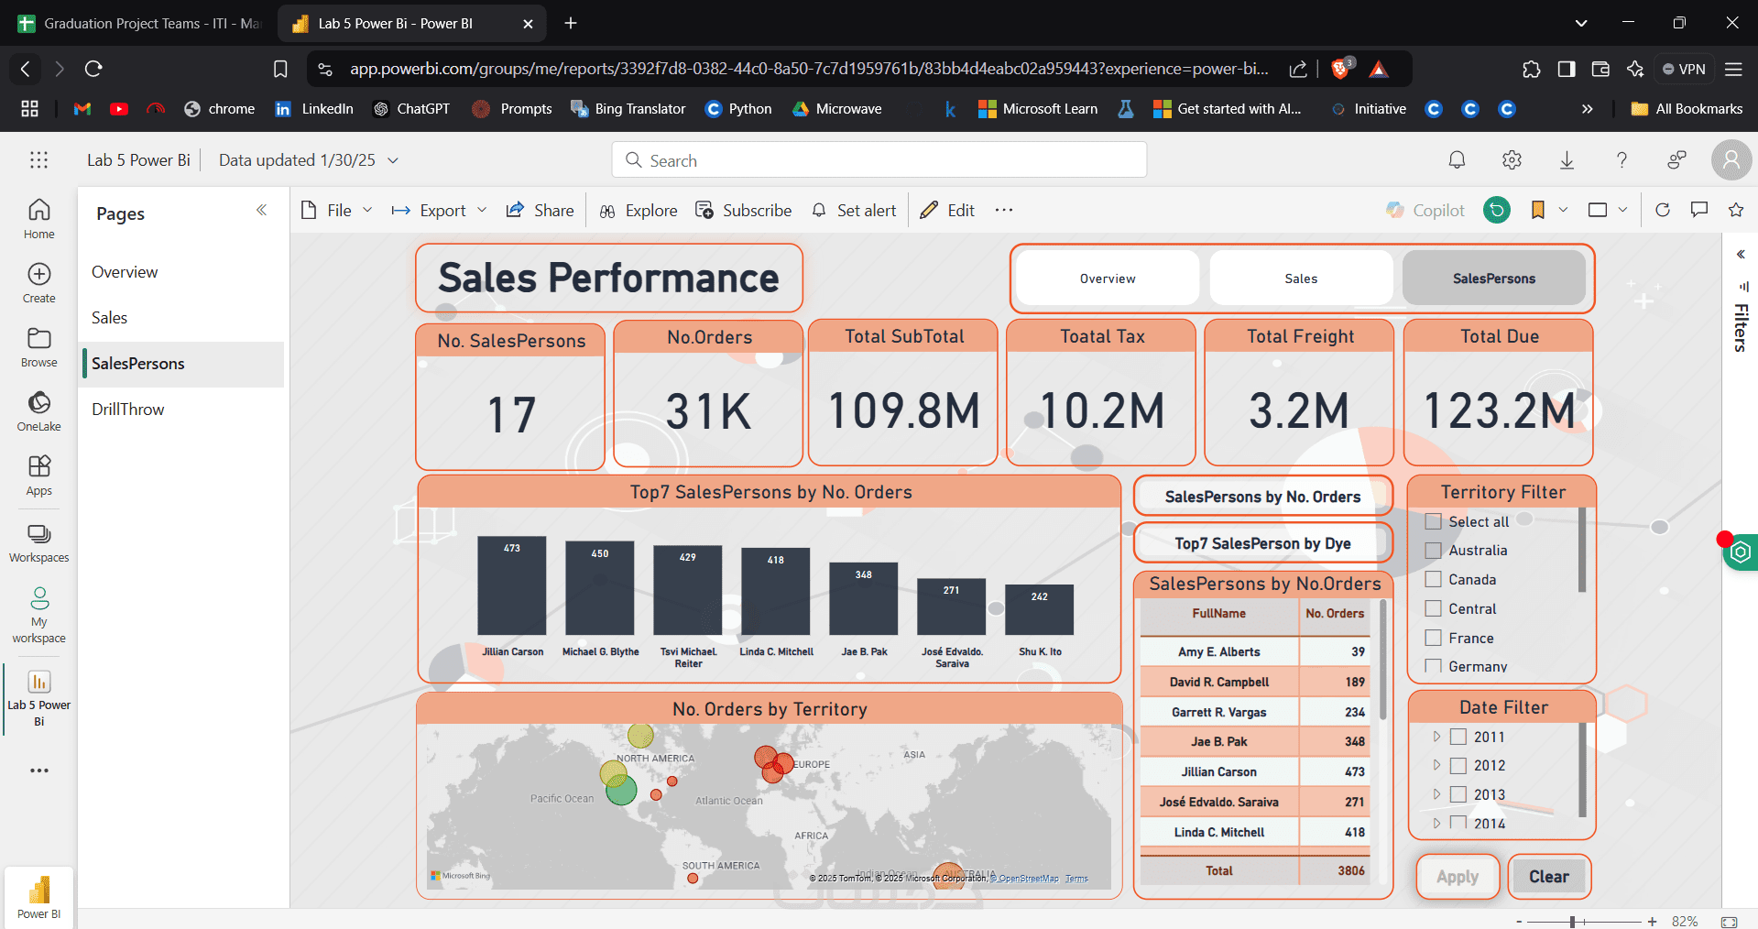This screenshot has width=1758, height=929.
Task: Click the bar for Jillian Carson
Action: pyautogui.click(x=511, y=586)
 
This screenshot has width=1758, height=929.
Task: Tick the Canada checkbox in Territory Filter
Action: pyautogui.click(x=1434, y=580)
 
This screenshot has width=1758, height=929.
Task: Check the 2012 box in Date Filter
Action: pyautogui.click(x=1458, y=766)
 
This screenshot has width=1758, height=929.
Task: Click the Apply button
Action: pyautogui.click(x=1458, y=877)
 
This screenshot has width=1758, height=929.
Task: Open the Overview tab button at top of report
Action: pyautogui.click(x=1108, y=279)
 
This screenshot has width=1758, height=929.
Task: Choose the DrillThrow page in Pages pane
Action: pyautogui.click(x=128, y=410)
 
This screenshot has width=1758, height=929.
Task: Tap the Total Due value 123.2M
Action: pyautogui.click(x=1499, y=410)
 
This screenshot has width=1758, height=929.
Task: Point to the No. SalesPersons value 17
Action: pyautogui.click(x=511, y=414)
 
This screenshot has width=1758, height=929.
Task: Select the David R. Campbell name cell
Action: pyautogui.click(x=1218, y=682)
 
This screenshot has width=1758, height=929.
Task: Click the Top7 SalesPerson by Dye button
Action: pyautogui.click(x=1262, y=543)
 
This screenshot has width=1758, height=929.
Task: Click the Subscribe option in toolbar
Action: pyautogui.click(x=743, y=211)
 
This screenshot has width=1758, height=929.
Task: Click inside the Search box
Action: pyautogui.click(x=879, y=160)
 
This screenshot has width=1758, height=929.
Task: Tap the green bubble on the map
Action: pyautogui.click(x=621, y=790)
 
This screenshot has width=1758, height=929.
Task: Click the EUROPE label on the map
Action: pyautogui.click(x=812, y=764)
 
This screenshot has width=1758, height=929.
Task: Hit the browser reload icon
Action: pyautogui.click(x=93, y=69)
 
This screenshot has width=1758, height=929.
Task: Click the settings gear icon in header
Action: pyautogui.click(x=1512, y=160)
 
